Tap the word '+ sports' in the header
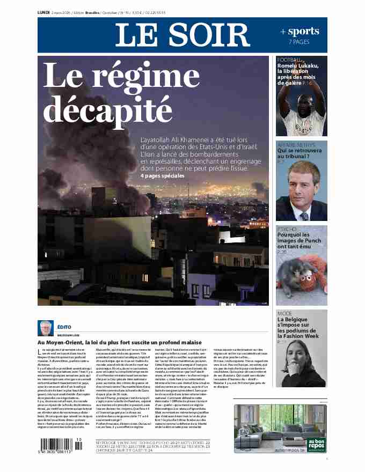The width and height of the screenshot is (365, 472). point(300,32)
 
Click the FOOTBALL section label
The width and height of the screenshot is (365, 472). point(289,60)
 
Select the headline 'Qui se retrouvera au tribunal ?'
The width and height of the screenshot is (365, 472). point(300,154)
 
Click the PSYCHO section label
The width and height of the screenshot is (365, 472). point(287,229)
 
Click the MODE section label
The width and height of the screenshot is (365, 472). point(284,313)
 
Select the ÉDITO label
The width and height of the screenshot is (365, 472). point(64,327)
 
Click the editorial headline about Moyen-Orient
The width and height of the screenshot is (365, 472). point(119,342)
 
